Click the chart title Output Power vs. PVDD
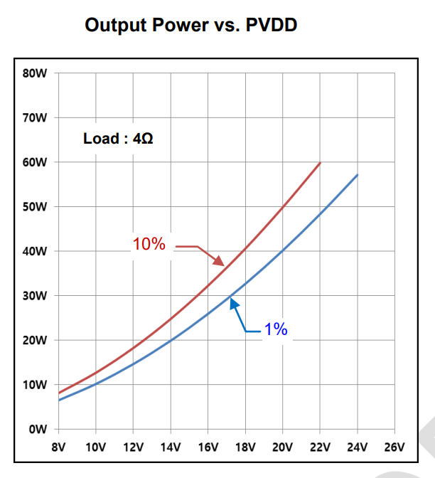[x=190, y=26]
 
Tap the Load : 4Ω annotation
[x=118, y=138]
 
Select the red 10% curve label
[x=149, y=245]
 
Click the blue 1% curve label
[x=275, y=329]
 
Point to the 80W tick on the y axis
[x=36, y=73]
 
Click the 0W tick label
[x=38, y=430]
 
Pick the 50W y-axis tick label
[x=36, y=207]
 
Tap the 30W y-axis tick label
[x=36, y=296]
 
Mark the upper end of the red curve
[x=320, y=163]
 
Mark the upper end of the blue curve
[x=357, y=175]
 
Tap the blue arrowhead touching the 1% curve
[x=232, y=302]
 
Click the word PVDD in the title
[x=268, y=26]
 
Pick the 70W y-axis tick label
[x=36, y=118]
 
